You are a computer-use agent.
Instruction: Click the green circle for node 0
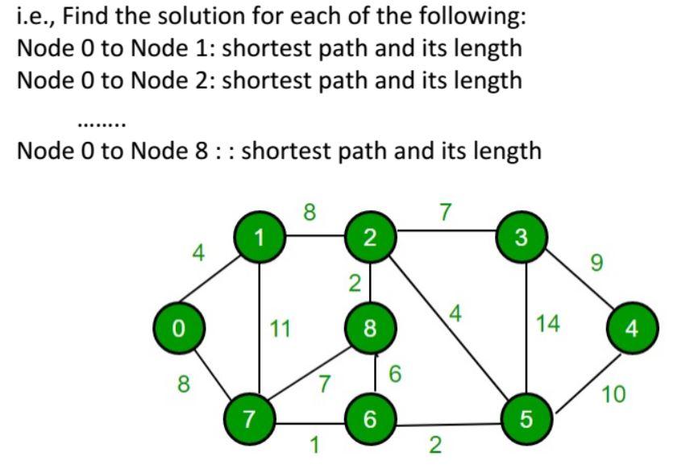coord(179,329)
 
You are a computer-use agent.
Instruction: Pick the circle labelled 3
coord(522,237)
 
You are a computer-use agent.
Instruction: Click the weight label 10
coord(614,394)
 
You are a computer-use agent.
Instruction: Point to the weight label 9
coord(596,263)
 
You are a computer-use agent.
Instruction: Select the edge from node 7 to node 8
coord(307,375)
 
